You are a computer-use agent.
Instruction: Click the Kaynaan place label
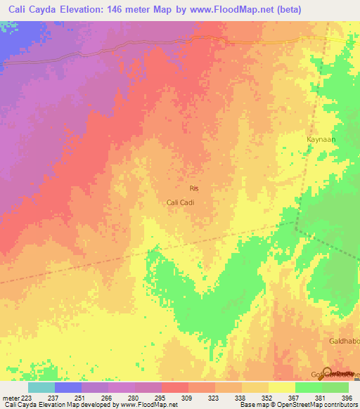[x=321, y=139]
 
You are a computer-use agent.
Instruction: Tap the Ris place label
[x=195, y=188]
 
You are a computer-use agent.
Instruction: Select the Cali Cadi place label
[x=179, y=202]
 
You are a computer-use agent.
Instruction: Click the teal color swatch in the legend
[x=41, y=387]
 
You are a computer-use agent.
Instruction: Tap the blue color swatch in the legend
[x=67, y=387]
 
